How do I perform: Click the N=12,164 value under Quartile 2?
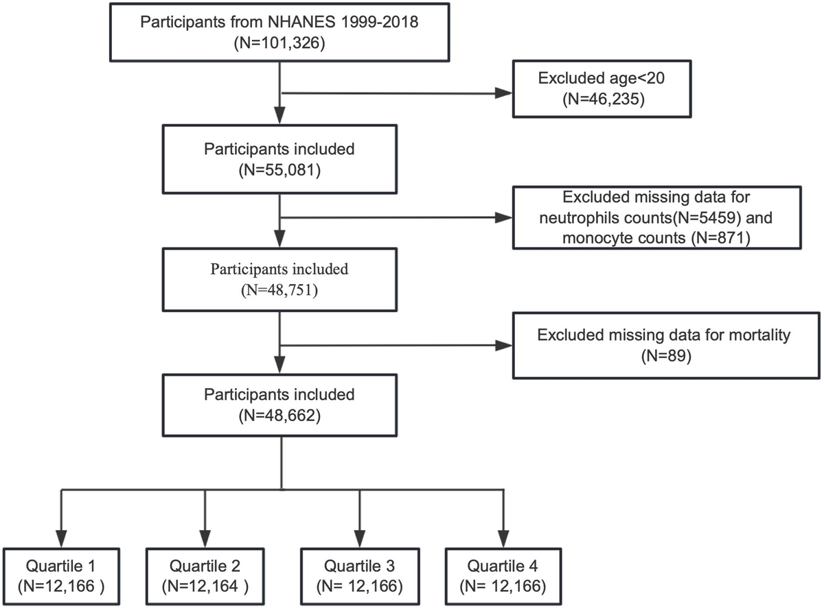coord(205,586)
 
